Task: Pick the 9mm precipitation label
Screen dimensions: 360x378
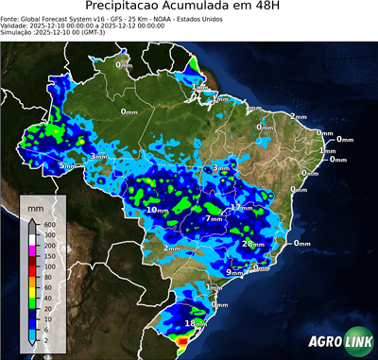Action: click(x=234, y=272)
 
